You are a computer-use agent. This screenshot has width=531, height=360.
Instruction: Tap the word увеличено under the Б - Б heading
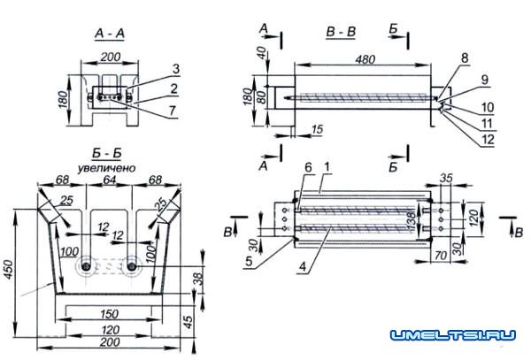pos(107,165)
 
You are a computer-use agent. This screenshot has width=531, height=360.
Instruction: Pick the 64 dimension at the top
pos(107,180)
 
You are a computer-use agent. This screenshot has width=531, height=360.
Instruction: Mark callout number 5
pos(250,263)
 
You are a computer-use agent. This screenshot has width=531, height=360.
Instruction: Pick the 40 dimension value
pos(262,53)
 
